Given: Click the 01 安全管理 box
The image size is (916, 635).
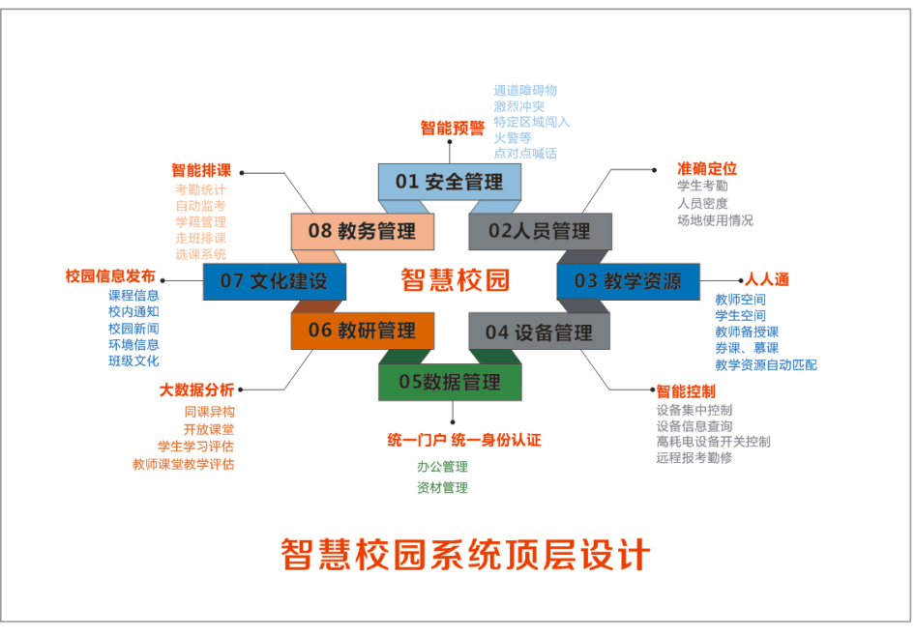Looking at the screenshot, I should [450, 182].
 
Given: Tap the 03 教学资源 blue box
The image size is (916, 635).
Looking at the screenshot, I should [628, 281].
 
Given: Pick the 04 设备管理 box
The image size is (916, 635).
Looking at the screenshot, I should [539, 332].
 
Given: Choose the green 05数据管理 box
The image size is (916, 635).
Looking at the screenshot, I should [450, 382].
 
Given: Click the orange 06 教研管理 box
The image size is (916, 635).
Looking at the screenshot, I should [361, 331].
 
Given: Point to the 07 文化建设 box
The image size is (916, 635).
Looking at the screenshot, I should [274, 281].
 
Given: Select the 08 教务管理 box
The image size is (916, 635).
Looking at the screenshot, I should [362, 231].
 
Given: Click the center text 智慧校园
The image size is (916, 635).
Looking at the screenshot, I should [455, 281].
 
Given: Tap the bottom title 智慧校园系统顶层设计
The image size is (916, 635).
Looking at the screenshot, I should [465, 555].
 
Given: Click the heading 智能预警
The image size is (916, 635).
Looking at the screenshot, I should [452, 128].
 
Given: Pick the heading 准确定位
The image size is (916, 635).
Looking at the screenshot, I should [707, 168].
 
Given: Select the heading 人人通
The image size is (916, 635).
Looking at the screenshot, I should [766, 280].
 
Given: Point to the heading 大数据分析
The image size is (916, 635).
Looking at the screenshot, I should [196, 390].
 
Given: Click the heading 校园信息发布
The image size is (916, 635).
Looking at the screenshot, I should [110, 276].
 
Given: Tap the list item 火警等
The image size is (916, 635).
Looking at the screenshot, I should [513, 137].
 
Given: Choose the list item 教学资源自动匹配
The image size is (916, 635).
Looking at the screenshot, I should [765, 365].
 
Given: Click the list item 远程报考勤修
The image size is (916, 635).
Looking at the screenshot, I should [694, 457].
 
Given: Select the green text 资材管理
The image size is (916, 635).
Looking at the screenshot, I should [442, 488].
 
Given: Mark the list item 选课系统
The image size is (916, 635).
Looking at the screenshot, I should [200, 254].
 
